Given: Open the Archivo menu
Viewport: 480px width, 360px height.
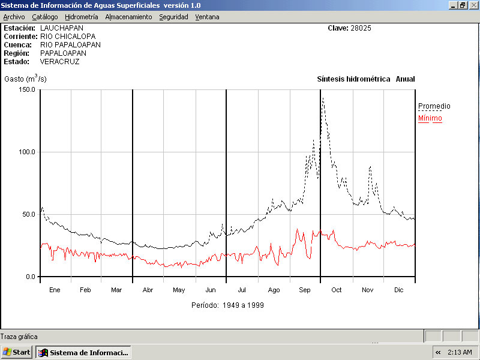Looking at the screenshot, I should (x=14, y=17).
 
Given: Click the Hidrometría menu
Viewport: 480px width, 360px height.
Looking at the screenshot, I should (x=81, y=17).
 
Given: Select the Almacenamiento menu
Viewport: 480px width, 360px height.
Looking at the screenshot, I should (x=128, y=17).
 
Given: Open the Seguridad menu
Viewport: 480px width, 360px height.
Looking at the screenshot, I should (x=173, y=17).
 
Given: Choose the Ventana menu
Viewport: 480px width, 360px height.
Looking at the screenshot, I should (x=207, y=17).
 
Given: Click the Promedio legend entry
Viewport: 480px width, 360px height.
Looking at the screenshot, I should (x=434, y=106).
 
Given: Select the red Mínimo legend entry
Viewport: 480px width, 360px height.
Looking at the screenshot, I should (x=430, y=118).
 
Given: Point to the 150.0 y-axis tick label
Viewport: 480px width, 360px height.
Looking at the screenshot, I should (x=27, y=89).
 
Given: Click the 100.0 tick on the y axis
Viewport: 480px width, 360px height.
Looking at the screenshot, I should (x=27, y=152).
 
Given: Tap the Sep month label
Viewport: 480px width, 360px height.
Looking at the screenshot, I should (x=305, y=290).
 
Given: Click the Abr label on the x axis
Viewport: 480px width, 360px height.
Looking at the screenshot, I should (x=148, y=290).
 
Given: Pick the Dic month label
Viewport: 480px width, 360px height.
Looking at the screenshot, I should (x=398, y=290).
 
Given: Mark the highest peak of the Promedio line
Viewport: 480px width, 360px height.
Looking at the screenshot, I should (x=323, y=98).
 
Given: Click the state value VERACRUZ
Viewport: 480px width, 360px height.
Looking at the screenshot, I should (x=59, y=61).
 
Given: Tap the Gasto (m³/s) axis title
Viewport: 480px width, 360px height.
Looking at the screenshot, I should (x=25, y=79).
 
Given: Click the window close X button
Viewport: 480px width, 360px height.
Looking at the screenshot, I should (x=473, y=5).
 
